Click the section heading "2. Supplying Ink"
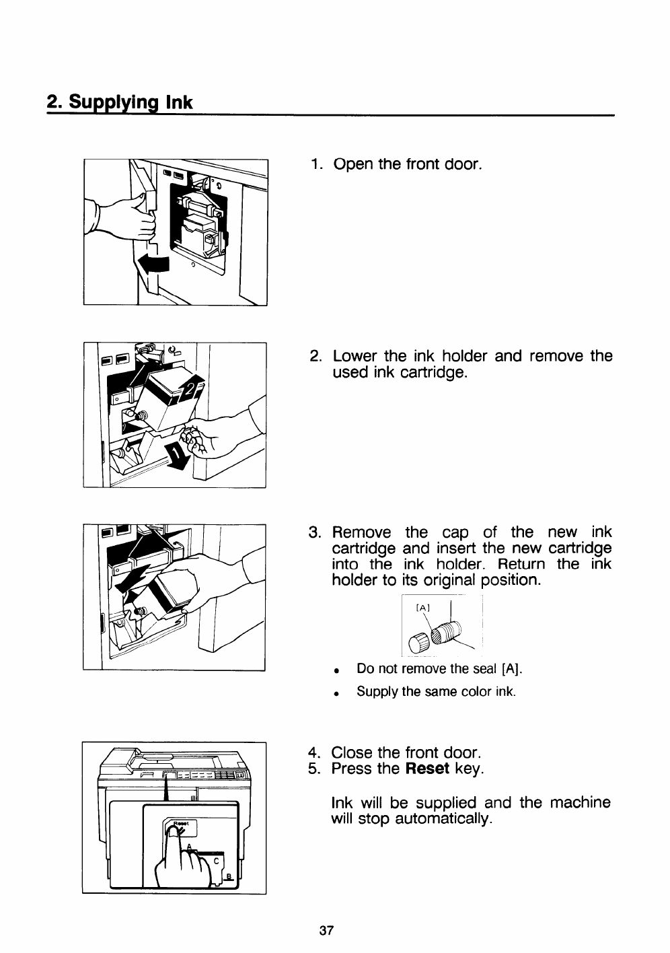(119, 103)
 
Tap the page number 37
(326, 931)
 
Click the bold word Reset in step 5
(428, 769)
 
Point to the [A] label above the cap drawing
(423, 607)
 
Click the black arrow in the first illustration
(153, 265)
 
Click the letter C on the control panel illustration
(216, 859)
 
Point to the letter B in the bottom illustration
(229, 876)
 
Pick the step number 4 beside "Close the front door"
(313, 752)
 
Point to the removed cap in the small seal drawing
(420, 639)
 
